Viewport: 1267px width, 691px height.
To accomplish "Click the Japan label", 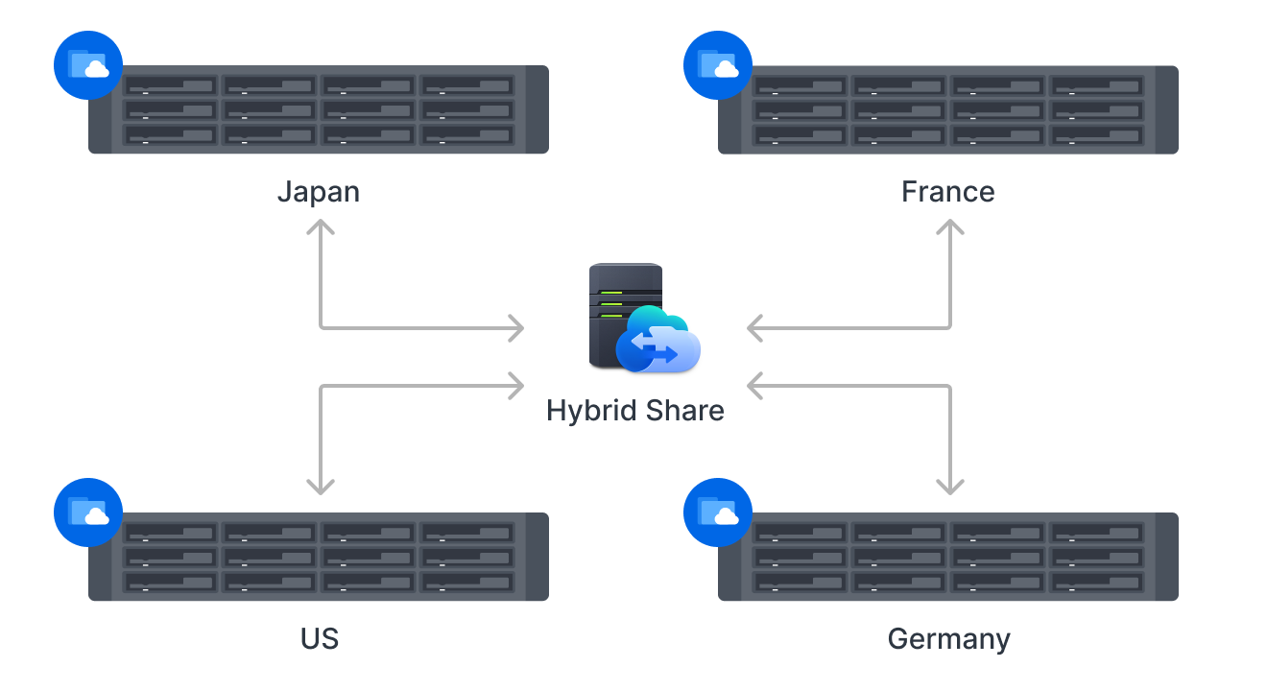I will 319,192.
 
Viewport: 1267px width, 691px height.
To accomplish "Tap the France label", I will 947,192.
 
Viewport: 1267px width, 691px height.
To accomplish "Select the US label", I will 319,639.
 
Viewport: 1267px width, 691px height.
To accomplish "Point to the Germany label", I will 948,639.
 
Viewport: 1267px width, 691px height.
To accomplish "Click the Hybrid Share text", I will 634,411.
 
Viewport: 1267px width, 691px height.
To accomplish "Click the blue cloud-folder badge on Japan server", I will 88,65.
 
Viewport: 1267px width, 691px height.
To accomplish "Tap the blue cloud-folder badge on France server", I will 718,65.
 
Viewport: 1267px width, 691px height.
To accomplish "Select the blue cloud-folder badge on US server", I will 88,512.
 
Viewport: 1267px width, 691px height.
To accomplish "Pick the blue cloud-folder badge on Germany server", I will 718,512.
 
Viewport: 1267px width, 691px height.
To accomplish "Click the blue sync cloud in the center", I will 660,341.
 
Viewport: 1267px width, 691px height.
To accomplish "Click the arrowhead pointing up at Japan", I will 320,227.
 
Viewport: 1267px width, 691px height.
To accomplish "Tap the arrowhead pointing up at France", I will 950,227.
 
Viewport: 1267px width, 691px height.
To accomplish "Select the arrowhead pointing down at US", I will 320,488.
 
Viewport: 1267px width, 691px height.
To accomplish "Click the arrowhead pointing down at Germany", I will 950,488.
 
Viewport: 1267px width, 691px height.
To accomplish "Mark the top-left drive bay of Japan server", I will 171,86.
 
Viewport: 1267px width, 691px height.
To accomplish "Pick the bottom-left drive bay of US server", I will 171,582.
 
